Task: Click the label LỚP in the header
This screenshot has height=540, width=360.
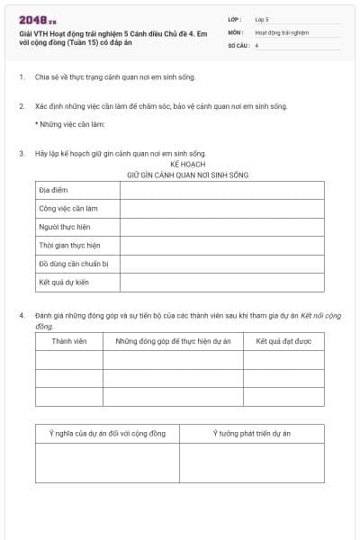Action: [x=236, y=19]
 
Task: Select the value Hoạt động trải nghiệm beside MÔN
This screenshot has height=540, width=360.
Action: [x=282, y=31]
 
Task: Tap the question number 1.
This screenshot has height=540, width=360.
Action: [x=21, y=77]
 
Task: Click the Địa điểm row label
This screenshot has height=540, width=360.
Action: [x=53, y=191]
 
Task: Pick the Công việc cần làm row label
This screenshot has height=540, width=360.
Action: [x=67, y=209]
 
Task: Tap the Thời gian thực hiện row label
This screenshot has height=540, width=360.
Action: [x=69, y=246]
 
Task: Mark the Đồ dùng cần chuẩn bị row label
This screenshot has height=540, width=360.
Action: [x=73, y=265]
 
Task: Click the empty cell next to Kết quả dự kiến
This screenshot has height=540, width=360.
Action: [x=221, y=283]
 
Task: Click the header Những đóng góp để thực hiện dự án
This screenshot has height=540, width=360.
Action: [x=173, y=342]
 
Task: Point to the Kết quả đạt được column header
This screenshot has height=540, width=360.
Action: [x=283, y=342]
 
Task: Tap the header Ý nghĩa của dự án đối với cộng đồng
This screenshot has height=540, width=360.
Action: [x=107, y=434]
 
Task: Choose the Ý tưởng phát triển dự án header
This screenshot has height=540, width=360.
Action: [x=251, y=434]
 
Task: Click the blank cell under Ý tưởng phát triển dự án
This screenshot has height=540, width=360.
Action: [x=251, y=463]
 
